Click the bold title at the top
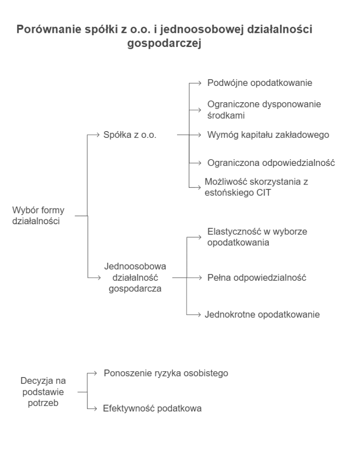click(x=164, y=29)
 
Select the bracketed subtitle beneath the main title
click(x=164, y=45)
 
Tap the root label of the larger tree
click(x=37, y=215)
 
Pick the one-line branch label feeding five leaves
click(x=128, y=135)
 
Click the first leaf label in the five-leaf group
click(x=260, y=83)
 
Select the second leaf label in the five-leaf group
click(x=263, y=109)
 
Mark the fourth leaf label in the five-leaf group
click(x=270, y=162)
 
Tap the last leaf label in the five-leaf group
click(x=257, y=187)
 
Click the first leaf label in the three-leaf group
click(x=257, y=236)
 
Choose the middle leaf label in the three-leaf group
click(x=256, y=277)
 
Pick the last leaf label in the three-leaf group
click(x=263, y=313)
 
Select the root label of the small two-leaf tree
click(x=43, y=392)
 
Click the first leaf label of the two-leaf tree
click(x=164, y=374)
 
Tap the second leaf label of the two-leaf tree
click(x=150, y=408)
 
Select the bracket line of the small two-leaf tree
click(x=86, y=392)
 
